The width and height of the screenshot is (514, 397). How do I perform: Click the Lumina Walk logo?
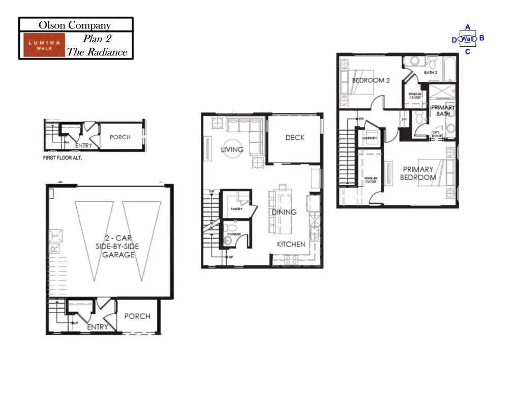click(43, 45)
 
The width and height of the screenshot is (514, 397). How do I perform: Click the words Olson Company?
click(75, 25)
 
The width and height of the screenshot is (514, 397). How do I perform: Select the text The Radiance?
click(97, 52)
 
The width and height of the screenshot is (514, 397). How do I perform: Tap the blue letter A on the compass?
click(467, 27)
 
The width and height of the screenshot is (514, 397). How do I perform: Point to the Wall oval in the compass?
click(467, 39)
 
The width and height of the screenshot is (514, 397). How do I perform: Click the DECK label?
click(295, 137)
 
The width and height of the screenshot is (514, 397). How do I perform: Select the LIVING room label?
click(232, 149)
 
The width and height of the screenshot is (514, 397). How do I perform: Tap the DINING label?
click(284, 211)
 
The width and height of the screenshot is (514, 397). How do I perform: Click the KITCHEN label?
click(291, 244)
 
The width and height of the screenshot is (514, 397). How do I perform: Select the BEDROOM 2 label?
click(371, 80)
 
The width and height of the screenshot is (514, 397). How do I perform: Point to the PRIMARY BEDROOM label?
click(418, 173)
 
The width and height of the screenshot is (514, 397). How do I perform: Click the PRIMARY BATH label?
click(443, 110)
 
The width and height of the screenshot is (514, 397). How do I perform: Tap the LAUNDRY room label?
click(370, 138)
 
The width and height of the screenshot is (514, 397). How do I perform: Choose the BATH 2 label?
click(431, 73)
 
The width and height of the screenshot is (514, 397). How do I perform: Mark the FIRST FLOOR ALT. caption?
click(63, 158)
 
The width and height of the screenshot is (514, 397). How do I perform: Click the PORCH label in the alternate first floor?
click(120, 137)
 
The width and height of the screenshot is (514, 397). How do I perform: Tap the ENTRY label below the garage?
click(97, 327)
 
